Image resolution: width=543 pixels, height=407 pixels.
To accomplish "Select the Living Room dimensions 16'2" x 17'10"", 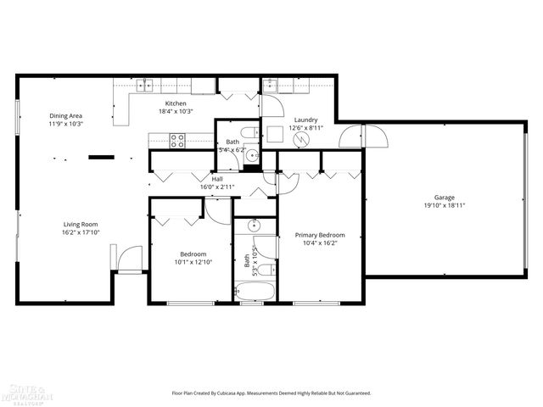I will pos(81,232).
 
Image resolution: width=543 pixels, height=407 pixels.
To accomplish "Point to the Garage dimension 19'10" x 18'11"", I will pos(444,205).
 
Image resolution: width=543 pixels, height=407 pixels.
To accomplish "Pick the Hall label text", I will pos(217,179).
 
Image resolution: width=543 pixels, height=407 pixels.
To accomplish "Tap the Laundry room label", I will pos(305,120).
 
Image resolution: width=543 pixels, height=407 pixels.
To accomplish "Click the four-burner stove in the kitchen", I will pos(177,140).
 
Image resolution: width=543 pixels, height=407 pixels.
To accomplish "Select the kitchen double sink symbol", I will pos(145,84).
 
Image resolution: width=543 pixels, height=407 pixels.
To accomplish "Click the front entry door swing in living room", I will pos(130,259).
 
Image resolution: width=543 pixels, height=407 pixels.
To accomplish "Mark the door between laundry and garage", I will pos(352,137).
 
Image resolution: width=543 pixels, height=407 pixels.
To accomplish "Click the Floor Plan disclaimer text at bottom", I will pos(271,393).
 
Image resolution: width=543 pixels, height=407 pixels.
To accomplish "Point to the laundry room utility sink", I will pos(269,85).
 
